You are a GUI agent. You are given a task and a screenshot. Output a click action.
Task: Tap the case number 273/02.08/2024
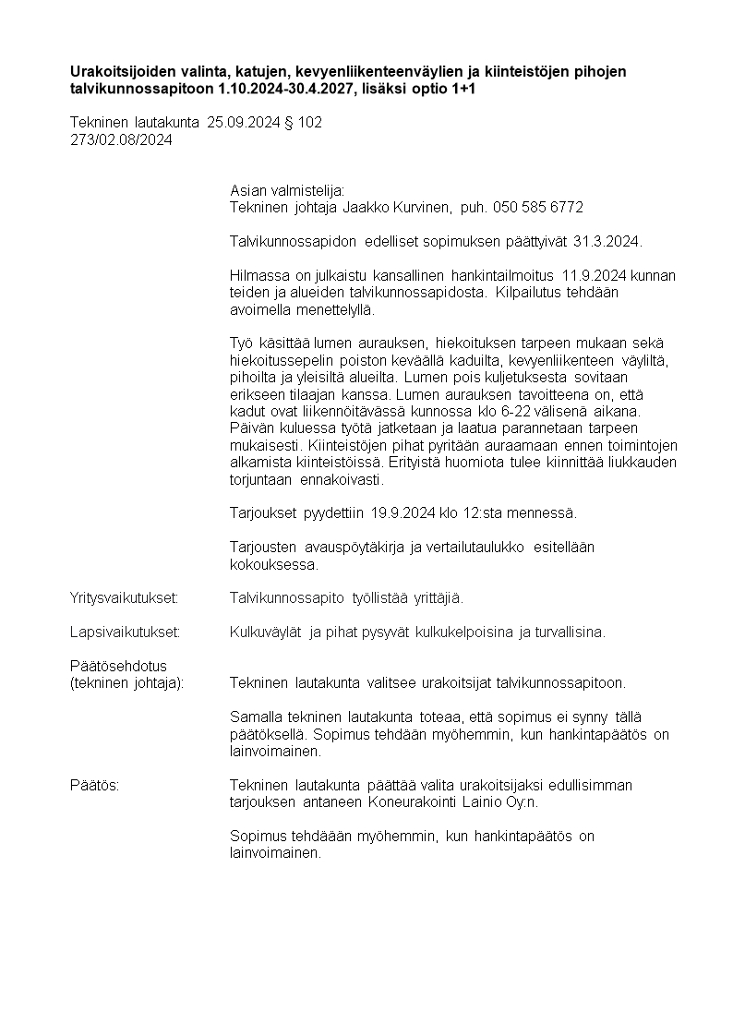pyautogui.click(x=121, y=139)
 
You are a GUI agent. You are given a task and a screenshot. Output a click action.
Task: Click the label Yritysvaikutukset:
pyautogui.click(x=124, y=598)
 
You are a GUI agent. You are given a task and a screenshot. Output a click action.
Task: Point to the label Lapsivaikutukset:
pyautogui.click(x=125, y=632)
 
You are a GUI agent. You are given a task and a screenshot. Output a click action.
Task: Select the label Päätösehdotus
pyautogui.click(x=118, y=666)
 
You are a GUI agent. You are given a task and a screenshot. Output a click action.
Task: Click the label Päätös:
pyautogui.click(x=95, y=785)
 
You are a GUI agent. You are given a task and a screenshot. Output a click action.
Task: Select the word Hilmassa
pyautogui.click(x=259, y=275)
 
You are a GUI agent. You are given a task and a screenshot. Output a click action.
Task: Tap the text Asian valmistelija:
pyautogui.click(x=286, y=190)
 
